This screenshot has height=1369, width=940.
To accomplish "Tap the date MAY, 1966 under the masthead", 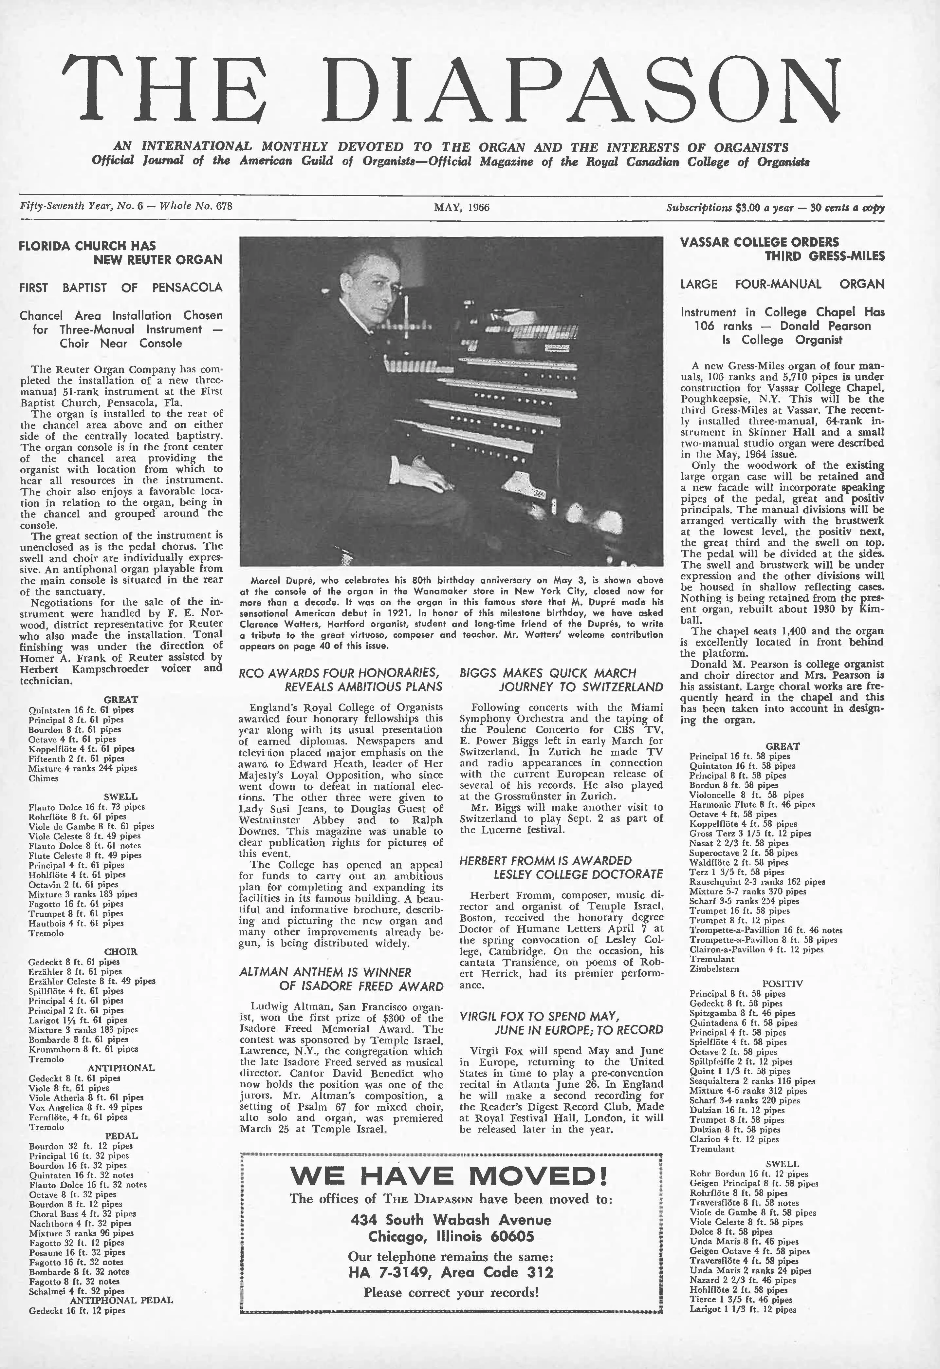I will [x=461, y=207].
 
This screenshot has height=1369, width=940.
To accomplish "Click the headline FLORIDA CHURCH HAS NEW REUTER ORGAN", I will [x=121, y=252].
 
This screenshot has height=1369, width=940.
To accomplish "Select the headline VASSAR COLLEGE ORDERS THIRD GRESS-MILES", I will [x=782, y=249].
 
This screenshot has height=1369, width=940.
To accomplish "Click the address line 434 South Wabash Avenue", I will [x=451, y=1220].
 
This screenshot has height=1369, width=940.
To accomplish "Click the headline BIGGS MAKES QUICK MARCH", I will [x=548, y=673].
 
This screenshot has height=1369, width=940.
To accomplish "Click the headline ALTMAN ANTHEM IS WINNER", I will [x=325, y=972].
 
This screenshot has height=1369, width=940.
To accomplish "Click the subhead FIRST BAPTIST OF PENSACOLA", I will [x=121, y=288].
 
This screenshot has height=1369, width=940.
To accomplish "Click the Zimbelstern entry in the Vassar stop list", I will [x=714, y=968].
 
